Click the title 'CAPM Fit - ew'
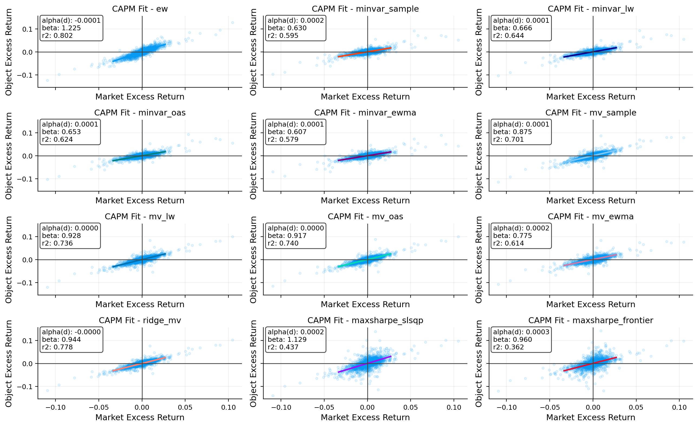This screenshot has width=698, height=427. click(x=140, y=9)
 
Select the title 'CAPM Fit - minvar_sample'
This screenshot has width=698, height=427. click(x=365, y=9)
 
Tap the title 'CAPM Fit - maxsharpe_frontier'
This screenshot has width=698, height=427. click(x=591, y=320)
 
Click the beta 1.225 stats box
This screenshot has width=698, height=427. click(x=71, y=28)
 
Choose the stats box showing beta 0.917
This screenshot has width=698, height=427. click(x=296, y=236)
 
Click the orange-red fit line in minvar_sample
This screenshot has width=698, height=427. click(x=365, y=52)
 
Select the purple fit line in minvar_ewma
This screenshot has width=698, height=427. click(x=365, y=156)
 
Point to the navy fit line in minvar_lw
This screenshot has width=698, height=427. click(x=590, y=52)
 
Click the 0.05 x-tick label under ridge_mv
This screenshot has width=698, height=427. click(x=185, y=408)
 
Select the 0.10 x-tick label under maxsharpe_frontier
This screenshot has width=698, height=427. click(x=679, y=408)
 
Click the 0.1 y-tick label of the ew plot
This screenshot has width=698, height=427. click(x=28, y=29)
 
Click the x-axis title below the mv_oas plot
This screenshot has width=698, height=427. click(x=365, y=304)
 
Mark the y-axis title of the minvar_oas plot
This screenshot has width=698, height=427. click(x=8, y=156)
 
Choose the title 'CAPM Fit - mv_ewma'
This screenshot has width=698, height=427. click(x=591, y=216)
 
